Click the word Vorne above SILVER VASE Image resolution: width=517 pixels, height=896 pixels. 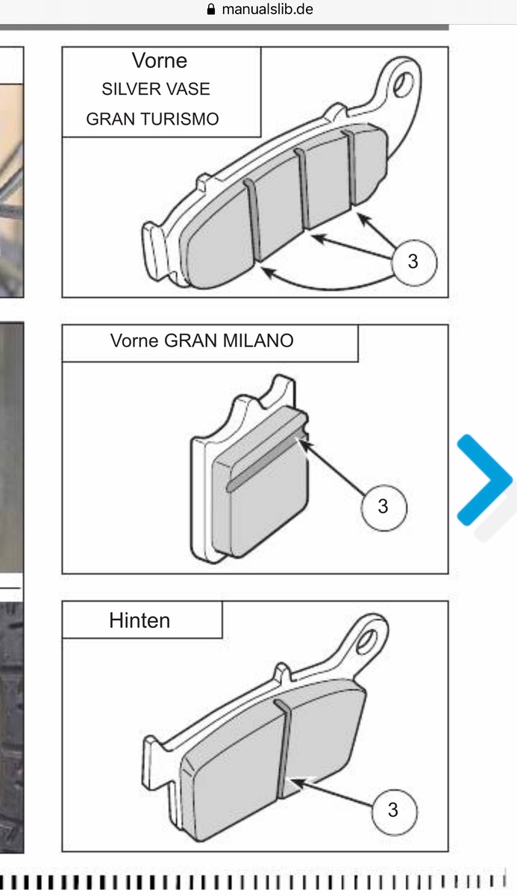click(160, 60)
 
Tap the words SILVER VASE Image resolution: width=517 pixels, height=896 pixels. click(156, 89)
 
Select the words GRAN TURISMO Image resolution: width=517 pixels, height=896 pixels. click(152, 119)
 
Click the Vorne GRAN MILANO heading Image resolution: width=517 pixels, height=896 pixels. click(201, 340)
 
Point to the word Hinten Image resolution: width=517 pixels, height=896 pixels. click(140, 620)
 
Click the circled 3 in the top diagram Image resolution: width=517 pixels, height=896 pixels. click(414, 262)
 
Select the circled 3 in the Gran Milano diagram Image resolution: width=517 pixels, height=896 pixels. click(383, 507)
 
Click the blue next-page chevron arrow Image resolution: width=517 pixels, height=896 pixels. click(485, 479)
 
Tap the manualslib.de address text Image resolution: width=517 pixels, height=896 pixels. click(267, 9)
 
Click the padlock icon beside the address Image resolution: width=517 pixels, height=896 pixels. click(211, 9)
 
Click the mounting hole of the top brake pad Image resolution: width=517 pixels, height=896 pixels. click(403, 84)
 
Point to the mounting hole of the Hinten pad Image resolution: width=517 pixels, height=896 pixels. click(366, 641)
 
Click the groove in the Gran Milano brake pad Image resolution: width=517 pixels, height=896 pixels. click(266, 464)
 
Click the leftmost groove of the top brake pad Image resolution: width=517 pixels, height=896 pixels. click(253, 220)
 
